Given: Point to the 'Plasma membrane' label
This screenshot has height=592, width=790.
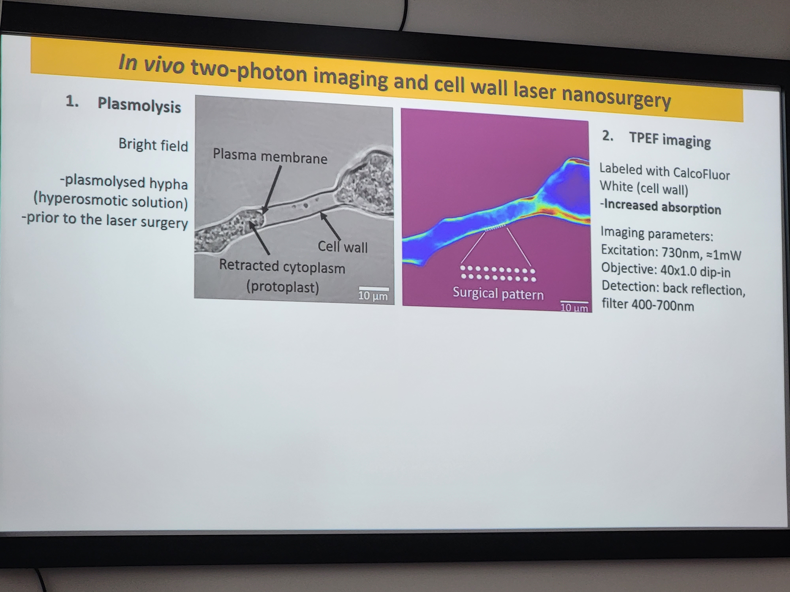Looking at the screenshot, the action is pyautogui.click(x=270, y=156).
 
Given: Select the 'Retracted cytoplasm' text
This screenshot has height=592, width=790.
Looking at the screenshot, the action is pyautogui.click(x=282, y=266).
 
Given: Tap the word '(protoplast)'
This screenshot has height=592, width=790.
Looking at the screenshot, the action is pyautogui.click(x=282, y=287).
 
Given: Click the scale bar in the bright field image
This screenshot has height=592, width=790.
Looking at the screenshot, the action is pyautogui.click(x=374, y=288).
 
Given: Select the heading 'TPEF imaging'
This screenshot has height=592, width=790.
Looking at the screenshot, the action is pyautogui.click(x=670, y=140).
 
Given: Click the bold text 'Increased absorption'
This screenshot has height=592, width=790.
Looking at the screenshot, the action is pyautogui.click(x=662, y=207).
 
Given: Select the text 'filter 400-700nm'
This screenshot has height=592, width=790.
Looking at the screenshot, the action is pyautogui.click(x=648, y=304).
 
